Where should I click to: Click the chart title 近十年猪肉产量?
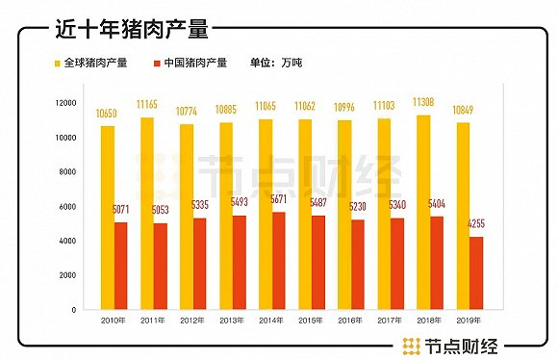coord(132,30)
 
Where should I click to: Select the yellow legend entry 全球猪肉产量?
coord(90,63)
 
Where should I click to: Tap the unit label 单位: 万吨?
coord(273,63)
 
